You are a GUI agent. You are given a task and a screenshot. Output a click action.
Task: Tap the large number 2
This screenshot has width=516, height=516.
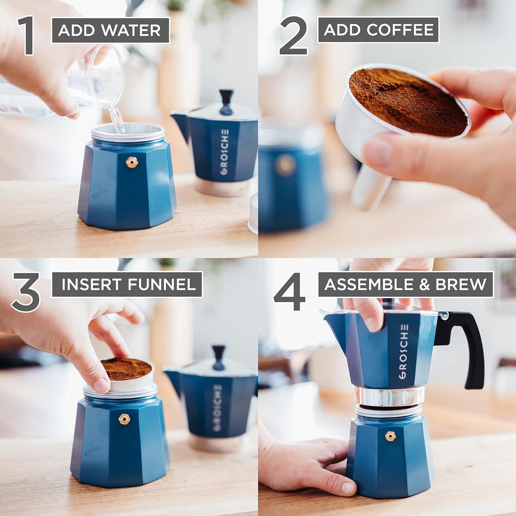pos(294,36)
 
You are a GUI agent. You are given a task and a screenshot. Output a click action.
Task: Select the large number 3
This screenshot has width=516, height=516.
pos(26,292)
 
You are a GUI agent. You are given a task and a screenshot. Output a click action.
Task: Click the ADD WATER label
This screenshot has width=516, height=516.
pos(110,30)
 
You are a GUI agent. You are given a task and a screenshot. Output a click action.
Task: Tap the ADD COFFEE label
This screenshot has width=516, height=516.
pos(378,30)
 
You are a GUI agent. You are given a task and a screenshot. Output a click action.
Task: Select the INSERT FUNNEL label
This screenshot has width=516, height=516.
pos(127,284)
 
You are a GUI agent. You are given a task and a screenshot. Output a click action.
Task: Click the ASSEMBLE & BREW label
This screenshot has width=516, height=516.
pos(405,284)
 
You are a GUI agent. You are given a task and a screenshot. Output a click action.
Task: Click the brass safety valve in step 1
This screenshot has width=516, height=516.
pos(132,162)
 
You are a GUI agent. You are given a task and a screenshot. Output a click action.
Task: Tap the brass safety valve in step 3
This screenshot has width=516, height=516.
pos(124,419)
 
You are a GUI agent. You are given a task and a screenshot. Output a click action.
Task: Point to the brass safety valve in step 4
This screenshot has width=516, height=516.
pos(390,436)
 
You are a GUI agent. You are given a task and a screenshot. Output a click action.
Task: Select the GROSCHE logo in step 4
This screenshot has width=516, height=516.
pos(404,352)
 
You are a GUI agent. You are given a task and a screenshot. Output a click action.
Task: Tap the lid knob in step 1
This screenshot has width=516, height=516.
pos(226,102)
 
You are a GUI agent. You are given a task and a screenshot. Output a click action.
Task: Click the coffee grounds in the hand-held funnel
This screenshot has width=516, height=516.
pos(407,102)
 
